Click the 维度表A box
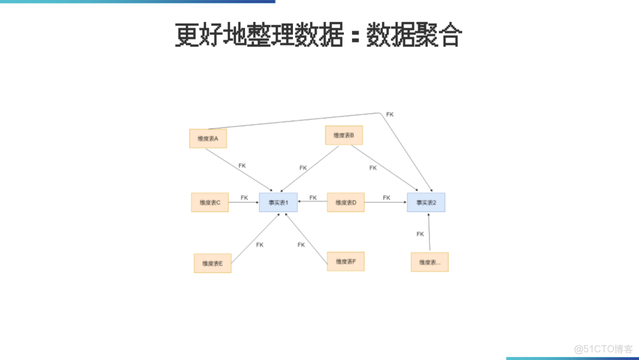click(208, 139)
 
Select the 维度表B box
click(344, 135)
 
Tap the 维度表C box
click(210, 202)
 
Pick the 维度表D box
click(346, 202)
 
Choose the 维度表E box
click(212, 263)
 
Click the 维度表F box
click(346, 261)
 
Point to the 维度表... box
click(430, 262)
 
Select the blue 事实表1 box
click(277, 202)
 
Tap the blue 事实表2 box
click(426, 202)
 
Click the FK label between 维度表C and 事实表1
click(244, 198)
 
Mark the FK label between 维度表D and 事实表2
click(386, 198)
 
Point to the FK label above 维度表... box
click(420, 234)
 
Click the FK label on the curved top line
click(389, 114)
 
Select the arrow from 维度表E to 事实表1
click(256, 238)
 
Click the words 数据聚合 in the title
click(414, 36)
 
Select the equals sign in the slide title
click(356, 37)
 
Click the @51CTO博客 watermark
click(603, 349)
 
